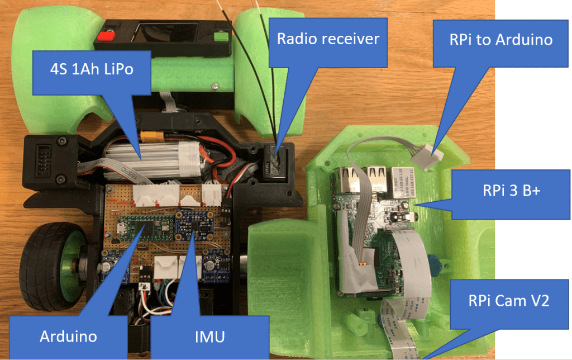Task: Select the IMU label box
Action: coord(210,335)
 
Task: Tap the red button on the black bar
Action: coord(102,37)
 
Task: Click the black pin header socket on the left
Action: coord(44,155)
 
